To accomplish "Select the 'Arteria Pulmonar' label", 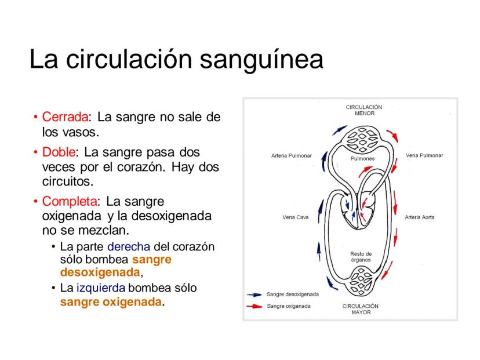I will [x=291, y=156].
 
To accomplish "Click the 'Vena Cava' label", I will [x=295, y=218].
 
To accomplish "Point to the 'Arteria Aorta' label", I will [x=420, y=218].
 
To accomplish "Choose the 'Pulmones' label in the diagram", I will [x=363, y=158].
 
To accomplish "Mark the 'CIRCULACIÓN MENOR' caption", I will [x=364, y=110].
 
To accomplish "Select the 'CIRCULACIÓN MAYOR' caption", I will [x=361, y=308].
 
